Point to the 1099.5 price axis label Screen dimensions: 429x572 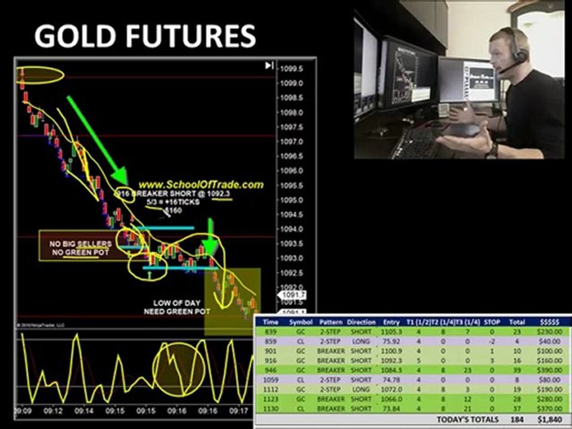pyautogui.click(x=292, y=69)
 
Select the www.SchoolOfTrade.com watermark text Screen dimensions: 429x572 pyautogui.click(x=200, y=185)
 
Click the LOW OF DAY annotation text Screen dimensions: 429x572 pyautogui.click(x=174, y=303)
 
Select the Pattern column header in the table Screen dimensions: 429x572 pyautogui.click(x=331, y=322)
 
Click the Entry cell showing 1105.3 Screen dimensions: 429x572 pyautogui.click(x=391, y=331)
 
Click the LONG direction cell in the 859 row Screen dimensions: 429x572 pyautogui.click(x=361, y=341)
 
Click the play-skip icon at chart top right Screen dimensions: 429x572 pyautogui.click(x=269, y=66)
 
